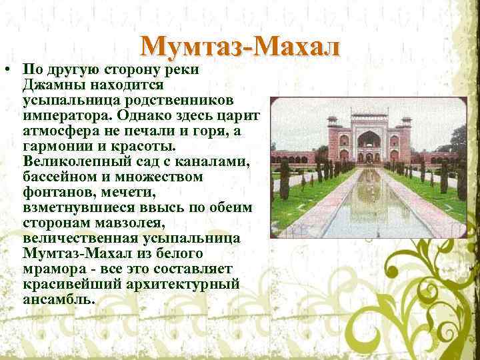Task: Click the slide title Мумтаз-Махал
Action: (241, 47)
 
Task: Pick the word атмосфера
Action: (61, 131)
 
